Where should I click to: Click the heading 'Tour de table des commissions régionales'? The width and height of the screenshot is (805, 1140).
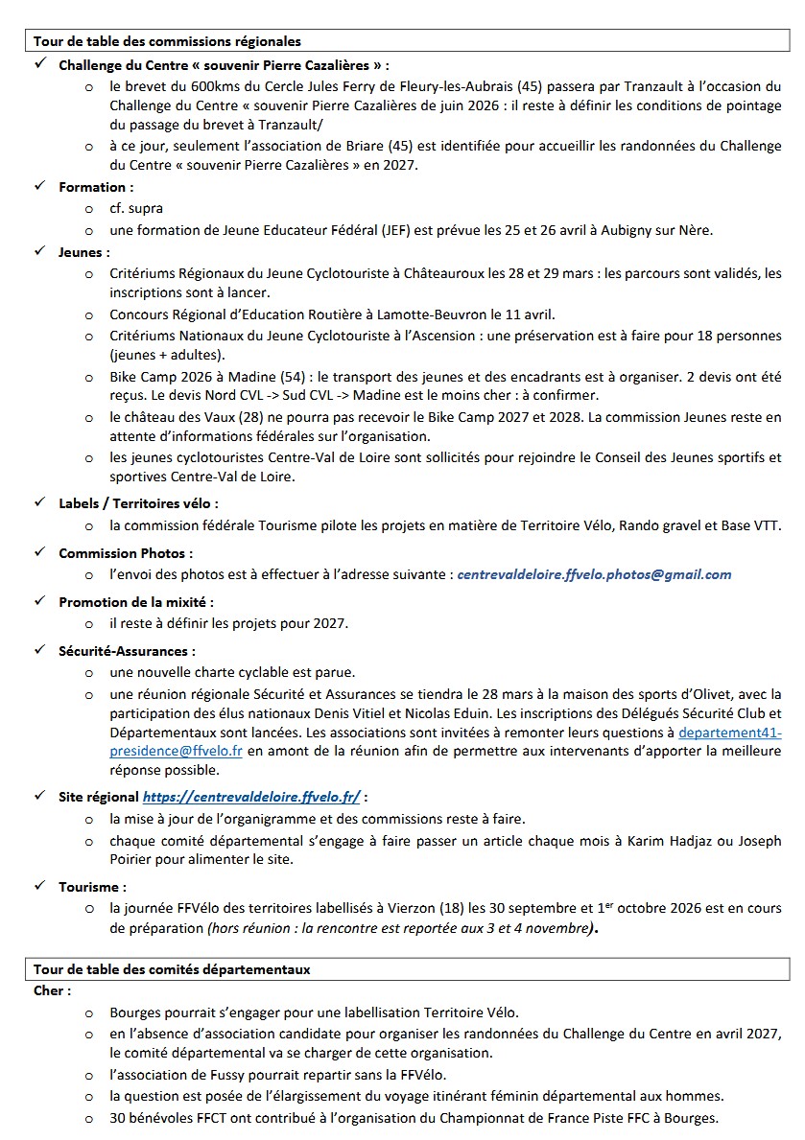click(x=167, y=41)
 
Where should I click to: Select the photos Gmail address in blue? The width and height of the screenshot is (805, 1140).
click(x=594, y=575)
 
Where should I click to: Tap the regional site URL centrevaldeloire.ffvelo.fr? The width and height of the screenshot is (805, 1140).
click(x=251, y=796)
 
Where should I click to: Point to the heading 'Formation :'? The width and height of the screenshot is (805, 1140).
click(x=96, y=187)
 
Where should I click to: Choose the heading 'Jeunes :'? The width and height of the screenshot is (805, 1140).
click(x=84, y=252)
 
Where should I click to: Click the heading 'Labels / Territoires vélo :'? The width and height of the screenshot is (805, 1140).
click(x=138, y=502)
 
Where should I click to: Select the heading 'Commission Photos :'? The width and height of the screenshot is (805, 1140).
click(x=126, y=553)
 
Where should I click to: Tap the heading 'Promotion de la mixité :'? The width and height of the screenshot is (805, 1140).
click(x=136, y=602)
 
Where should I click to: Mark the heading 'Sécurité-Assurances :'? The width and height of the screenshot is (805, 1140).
click(x=127, y=651)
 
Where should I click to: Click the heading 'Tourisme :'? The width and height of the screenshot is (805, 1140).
click(x=92, y=887)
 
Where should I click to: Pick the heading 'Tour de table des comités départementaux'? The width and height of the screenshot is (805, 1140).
click(x=172, y=969)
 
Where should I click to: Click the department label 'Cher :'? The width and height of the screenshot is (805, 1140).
click(x=52, y=990)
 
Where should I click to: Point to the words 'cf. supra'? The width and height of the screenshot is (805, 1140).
click(x=136, y=208)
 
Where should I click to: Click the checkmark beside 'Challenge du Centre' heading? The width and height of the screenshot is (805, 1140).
click(x=39, y=64)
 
